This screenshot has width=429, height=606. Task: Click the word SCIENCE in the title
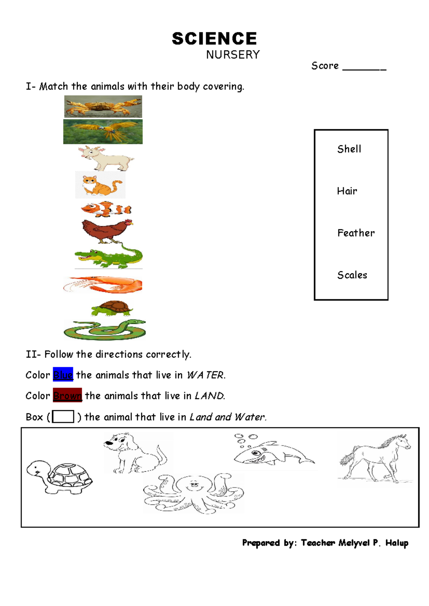tap(214, 39)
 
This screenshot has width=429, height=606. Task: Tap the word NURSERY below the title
tap(233, 55)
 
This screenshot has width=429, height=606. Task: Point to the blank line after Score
tap(364, 68)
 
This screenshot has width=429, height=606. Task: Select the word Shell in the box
tap(349, 149)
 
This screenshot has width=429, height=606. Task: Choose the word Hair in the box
tap(347, 191)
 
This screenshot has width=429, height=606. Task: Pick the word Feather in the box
tap(356, 233)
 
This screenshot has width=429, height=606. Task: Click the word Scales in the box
tap(352, 275)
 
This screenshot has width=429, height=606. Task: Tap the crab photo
tap(103, 106)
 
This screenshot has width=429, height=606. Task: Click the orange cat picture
tap(100, 185)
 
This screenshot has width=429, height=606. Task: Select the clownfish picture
tap(106, 209)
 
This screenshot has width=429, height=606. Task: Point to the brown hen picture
tap(107, 230)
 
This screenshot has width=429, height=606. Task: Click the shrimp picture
tap(103, 284)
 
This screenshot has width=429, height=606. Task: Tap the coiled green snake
tap(105, 329)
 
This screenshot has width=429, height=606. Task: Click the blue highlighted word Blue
tap(63, 375)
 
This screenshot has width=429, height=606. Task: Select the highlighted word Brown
tap(67, 396)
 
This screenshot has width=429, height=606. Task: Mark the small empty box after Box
tap(63, 417)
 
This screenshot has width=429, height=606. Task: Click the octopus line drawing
tap(194, 493)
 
